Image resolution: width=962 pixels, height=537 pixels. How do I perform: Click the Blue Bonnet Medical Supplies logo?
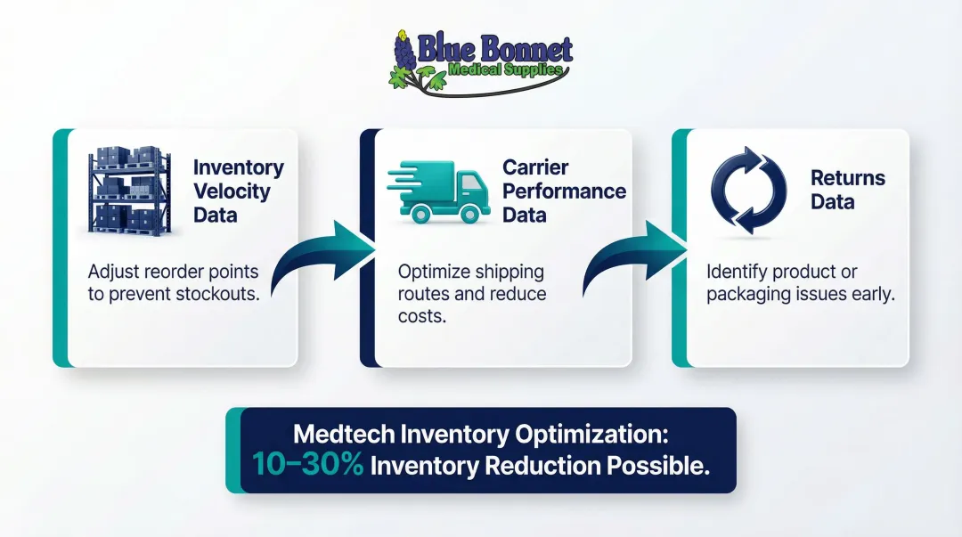pos(481,61)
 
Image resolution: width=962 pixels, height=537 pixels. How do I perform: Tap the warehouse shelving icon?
pos(129,191)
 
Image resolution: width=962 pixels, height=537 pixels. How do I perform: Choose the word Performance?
pos(564,191)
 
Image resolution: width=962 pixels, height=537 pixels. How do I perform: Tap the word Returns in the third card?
pos(847,178)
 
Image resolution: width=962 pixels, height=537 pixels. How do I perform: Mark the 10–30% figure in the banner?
pos(307,464)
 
